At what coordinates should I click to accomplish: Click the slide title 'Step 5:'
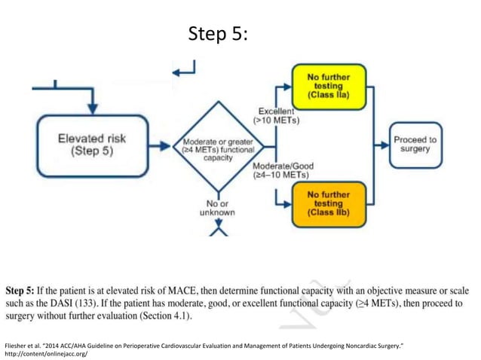pos(216,35)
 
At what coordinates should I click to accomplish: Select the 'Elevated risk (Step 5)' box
pos(93,145)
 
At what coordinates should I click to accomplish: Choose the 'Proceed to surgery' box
pos(415,145)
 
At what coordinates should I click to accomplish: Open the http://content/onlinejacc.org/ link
pos(46,352)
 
